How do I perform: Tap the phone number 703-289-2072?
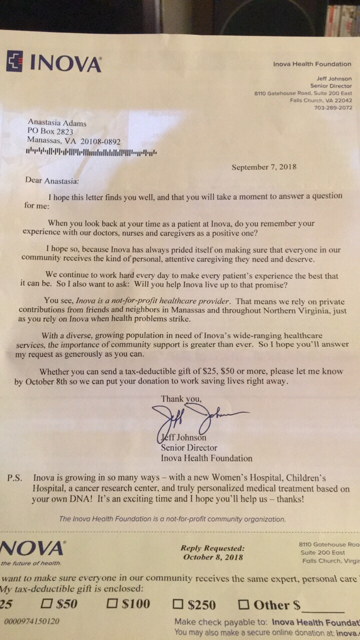pyautogui.click(x=333, y=107)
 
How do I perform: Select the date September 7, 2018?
pyautogui.click(x=263, y=167)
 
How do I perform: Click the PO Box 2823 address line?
pyautogui.click(x=50, y=131)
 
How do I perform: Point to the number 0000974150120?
pyautogui.click(x=31, y=621)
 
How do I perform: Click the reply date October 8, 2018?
pyautogui.click(x=213, y=557)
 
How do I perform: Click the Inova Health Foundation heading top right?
pyautogui.click(x=312, y=64)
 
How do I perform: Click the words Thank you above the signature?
pyautogui.click(x=181, y=398)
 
